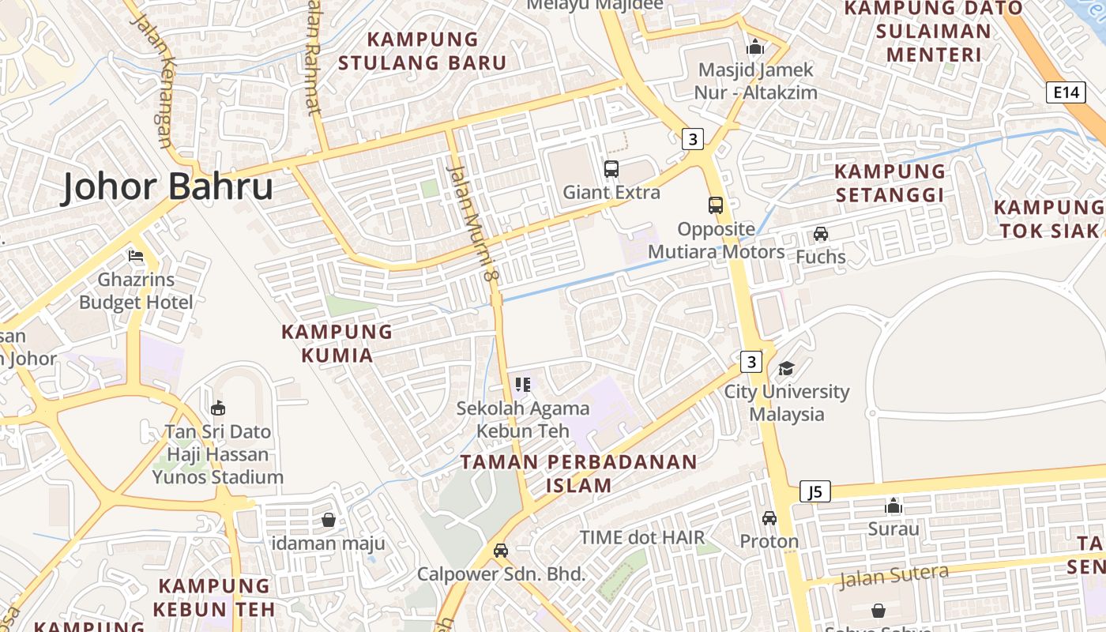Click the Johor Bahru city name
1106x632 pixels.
click(167, 187)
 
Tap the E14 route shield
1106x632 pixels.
click(1066, 92)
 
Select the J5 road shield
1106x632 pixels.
click(815, 492)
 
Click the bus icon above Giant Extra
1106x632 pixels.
click(611, 168)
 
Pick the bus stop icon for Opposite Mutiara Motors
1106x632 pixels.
click(716, 205)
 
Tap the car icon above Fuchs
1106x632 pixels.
click(821, 234)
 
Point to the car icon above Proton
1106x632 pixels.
click(769, 518)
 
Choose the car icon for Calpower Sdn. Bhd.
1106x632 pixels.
click(501, 551)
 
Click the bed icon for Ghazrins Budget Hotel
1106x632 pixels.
click(136, 256)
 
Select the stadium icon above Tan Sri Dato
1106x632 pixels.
click(218, 408)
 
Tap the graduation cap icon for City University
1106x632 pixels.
click(786, 368)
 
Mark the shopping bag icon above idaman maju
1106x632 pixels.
click(329, 520)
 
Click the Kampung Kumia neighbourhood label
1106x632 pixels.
click(337, 343)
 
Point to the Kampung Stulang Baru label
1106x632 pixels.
click(423, 51)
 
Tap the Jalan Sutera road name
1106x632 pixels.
click(893, 576)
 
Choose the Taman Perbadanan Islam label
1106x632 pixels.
click(579, 473)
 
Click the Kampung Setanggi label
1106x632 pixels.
click(890, 182)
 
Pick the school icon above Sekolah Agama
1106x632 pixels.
click(522, 385)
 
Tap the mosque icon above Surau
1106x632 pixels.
click(893, 506)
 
